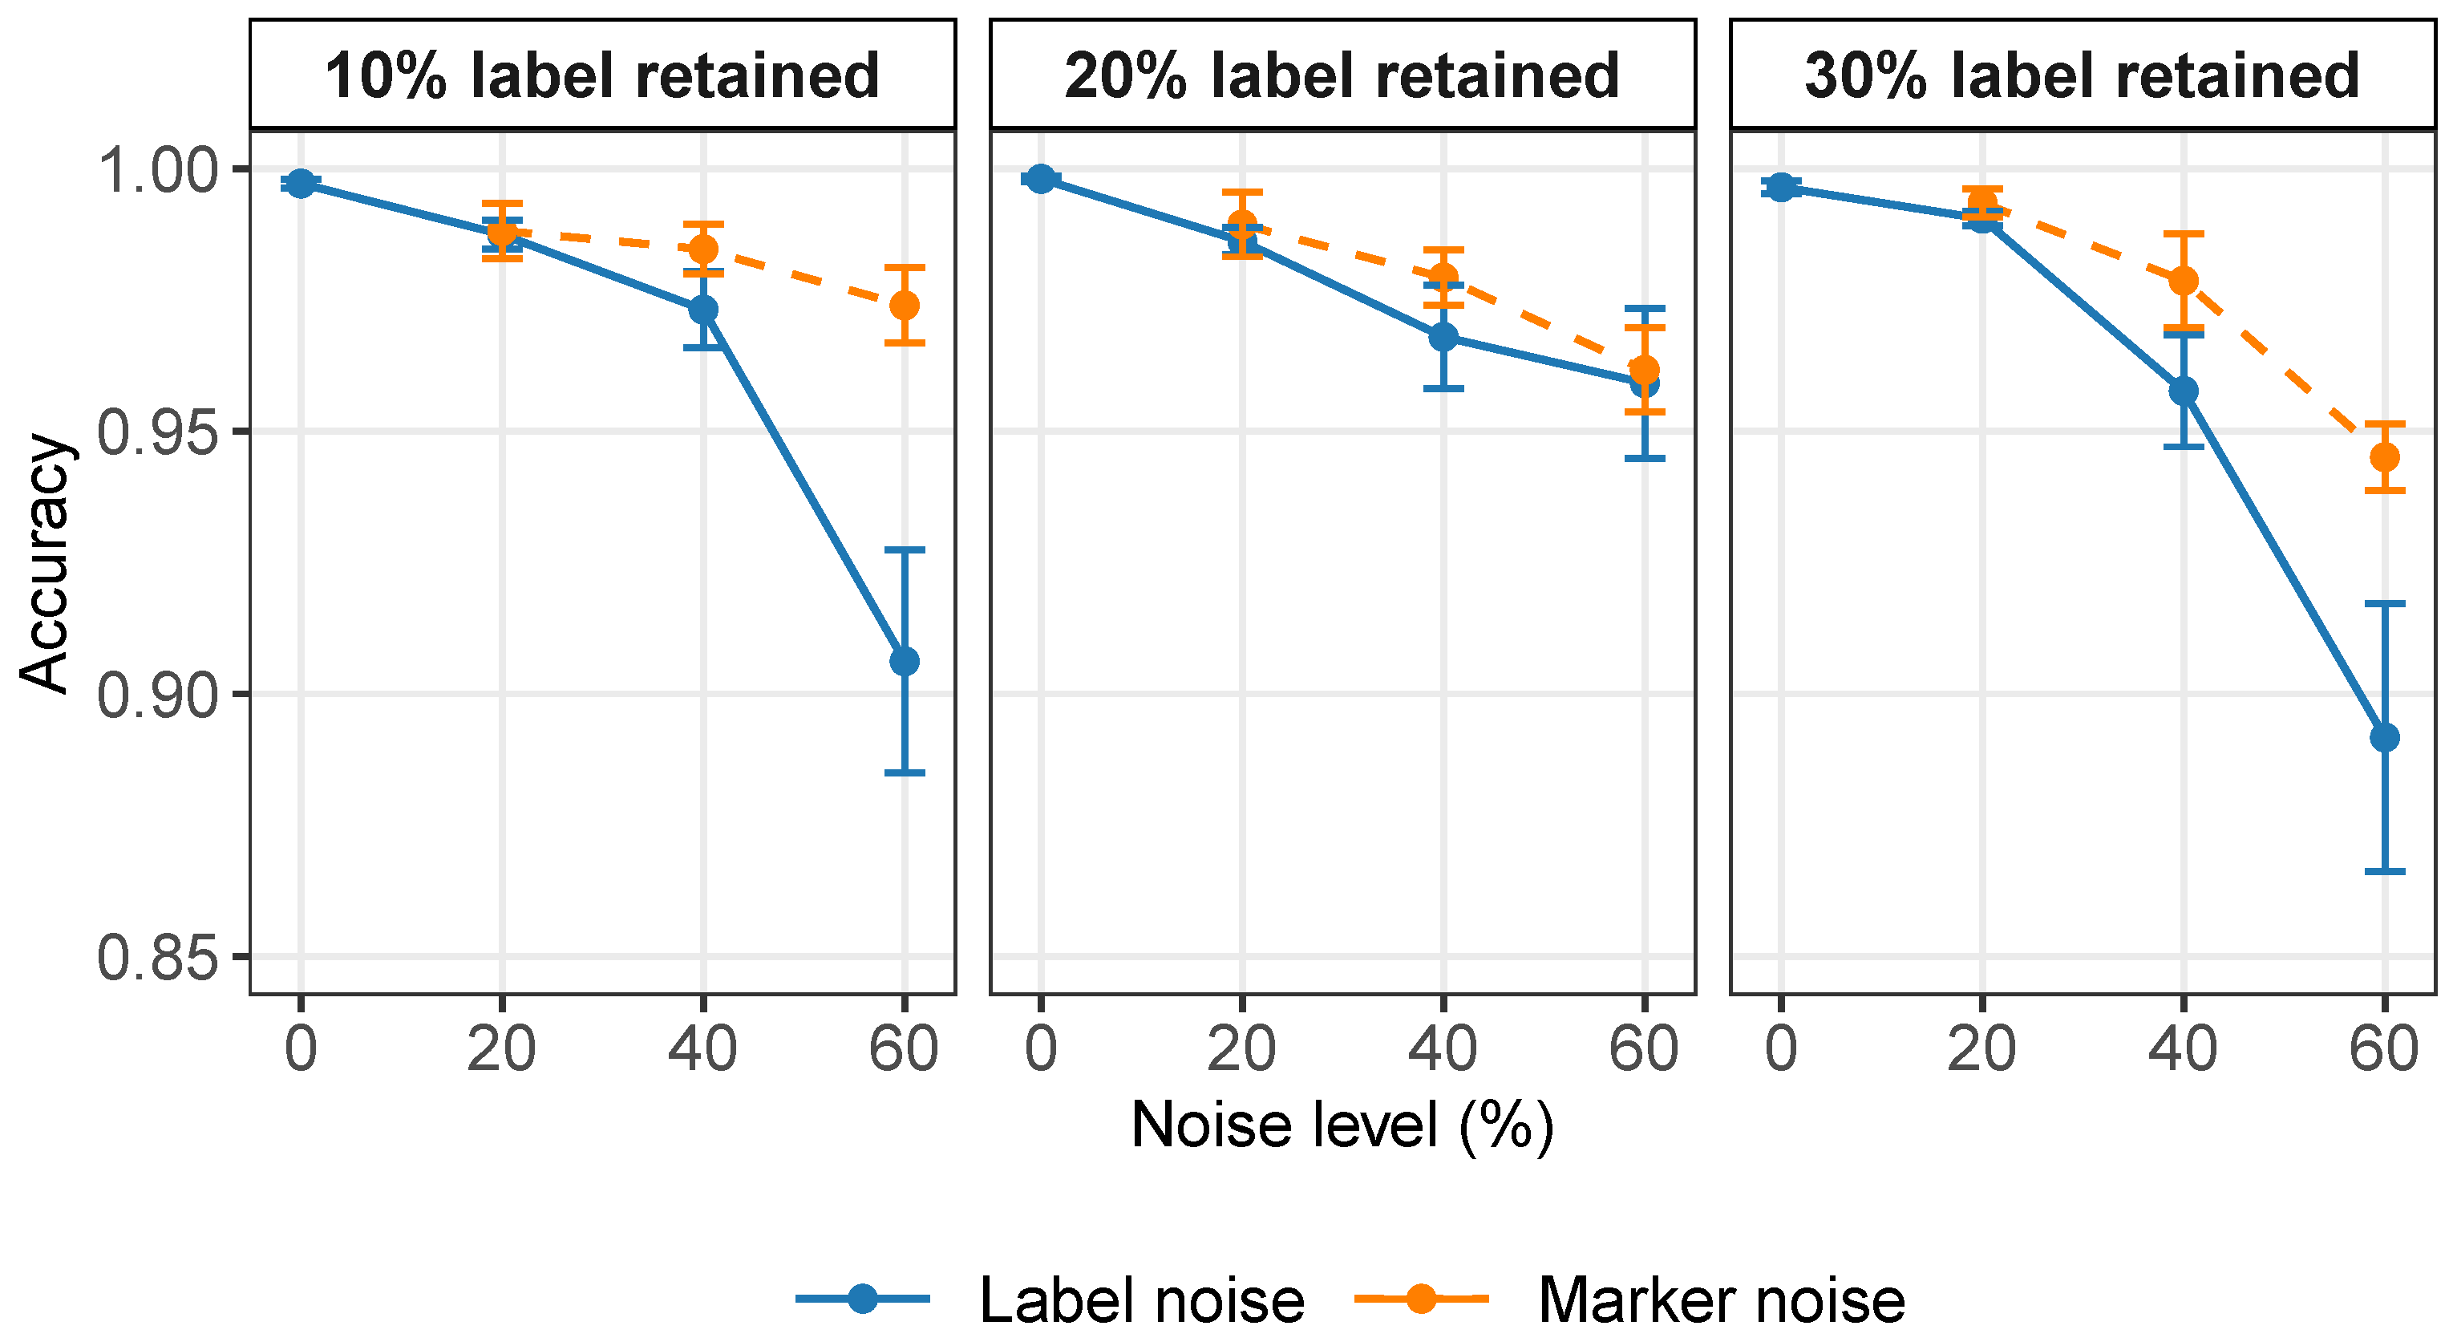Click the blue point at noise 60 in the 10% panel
(904, 661)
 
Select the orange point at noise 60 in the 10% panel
(904, 306)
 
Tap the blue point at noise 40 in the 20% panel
(1443, 337)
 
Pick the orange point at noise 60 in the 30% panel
(2385, 457)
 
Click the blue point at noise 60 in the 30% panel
(2385, 737)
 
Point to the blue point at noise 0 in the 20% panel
(1041, 179)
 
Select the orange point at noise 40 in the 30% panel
(2184, 281)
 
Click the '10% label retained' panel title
(601, 76)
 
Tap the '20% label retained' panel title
(1342, 76)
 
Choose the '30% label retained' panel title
(2082, 76)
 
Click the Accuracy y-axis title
(45, 564)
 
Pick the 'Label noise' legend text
(1142, 1301)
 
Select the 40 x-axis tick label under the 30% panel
(2184, 1049)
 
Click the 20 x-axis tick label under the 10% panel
(502, 1049)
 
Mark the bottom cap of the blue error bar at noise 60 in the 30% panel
(2385, 871)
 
